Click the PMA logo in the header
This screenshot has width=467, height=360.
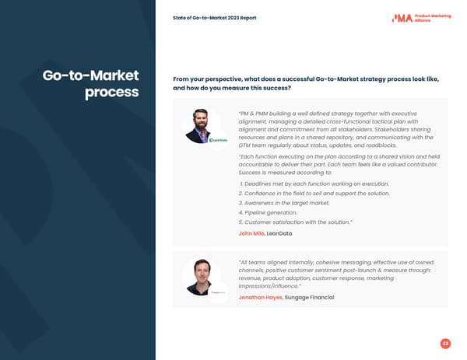tap(402, 17)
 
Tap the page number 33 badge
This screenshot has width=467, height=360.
tap(445, 344)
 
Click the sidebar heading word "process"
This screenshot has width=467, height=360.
tap(112, 93)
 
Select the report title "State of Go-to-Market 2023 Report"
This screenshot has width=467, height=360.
tap(215, 18)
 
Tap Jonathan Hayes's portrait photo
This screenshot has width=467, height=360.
tap(201, 277)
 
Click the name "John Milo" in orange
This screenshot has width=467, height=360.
tap(251, 233)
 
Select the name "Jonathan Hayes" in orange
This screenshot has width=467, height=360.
tap(261, 298)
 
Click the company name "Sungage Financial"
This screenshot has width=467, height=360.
tap(310, 298)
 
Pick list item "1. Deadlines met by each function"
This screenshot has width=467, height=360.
tap(314, 183)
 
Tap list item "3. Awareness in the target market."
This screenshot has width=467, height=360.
tap(284, 203)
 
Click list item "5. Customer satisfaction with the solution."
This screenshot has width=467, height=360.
tap(296, 222)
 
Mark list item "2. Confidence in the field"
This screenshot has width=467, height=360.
tap(314, 193)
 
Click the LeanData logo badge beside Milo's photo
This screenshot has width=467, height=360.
tap(218, 140)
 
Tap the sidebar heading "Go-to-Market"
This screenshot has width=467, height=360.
tap(90, 75)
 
